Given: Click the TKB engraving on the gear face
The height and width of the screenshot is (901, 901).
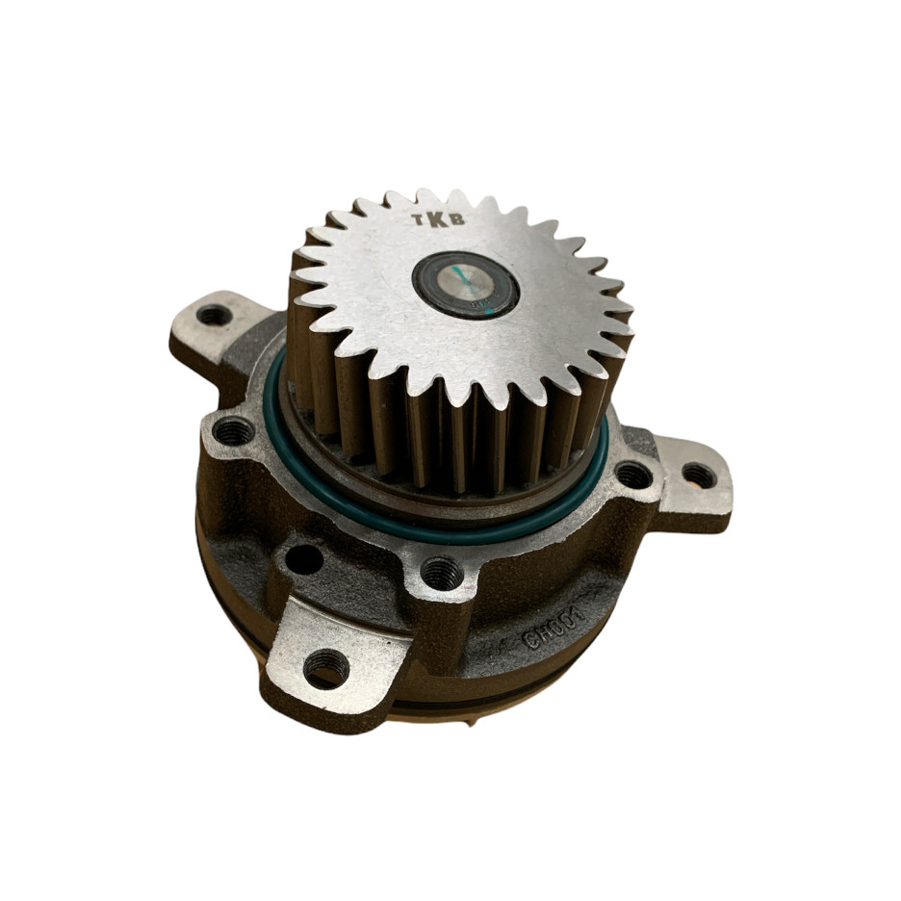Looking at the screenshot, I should [x=439, y=219].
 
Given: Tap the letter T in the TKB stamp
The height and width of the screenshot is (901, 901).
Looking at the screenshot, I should [x=421, y=221].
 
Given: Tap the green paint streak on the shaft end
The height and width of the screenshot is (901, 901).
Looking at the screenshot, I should [x=465, y=281].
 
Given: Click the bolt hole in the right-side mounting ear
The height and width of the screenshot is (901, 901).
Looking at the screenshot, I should [x=699, y=476].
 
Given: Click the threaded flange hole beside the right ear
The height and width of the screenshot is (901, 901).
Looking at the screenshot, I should [x=631, y=475].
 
